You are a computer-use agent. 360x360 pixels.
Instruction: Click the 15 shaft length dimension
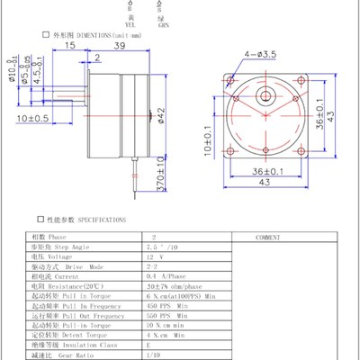68,45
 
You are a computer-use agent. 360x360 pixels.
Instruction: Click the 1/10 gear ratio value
139,354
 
